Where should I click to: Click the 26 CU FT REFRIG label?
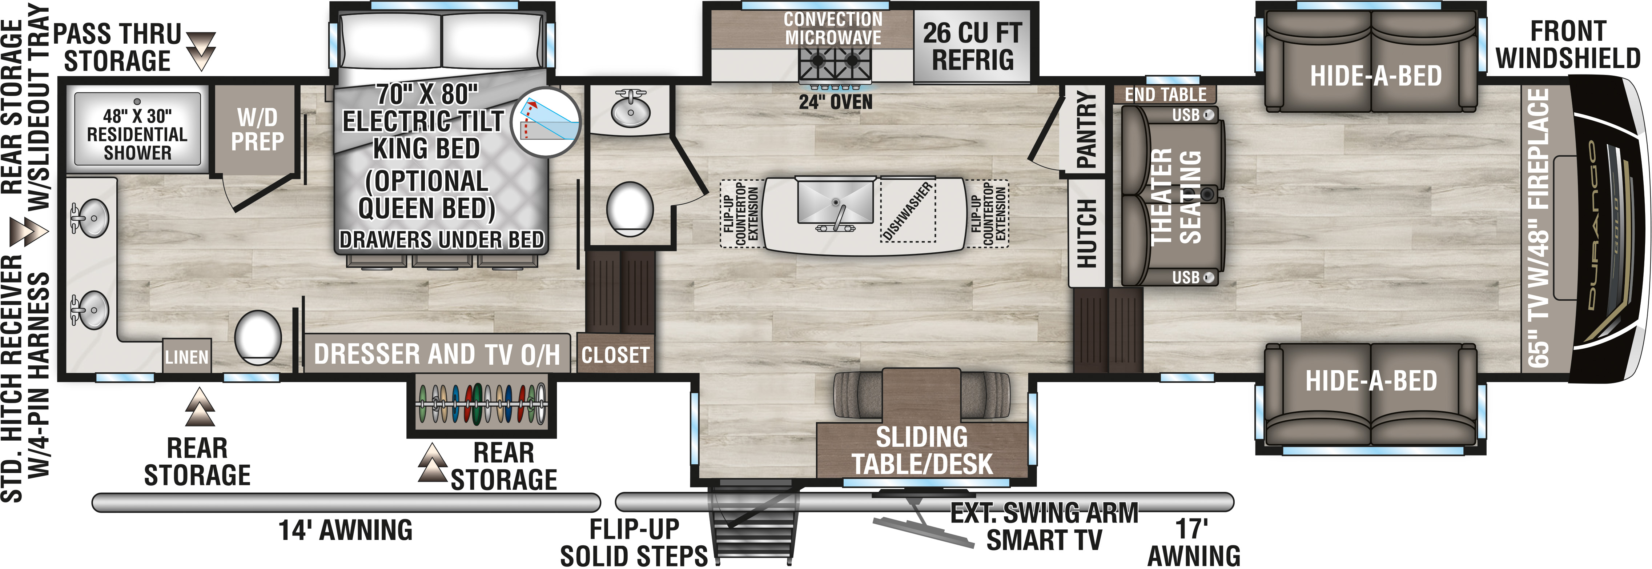click(972, 46)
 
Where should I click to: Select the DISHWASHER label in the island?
click(908, 211)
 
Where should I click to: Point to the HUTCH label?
click(1086, 233)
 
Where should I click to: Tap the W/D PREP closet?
click(257, 129)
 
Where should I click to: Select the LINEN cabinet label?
click(186, 357)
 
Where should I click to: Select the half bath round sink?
click(630, 109)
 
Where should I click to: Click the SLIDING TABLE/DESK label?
click(922, 450)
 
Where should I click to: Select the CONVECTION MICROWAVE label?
click(833, 29)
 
